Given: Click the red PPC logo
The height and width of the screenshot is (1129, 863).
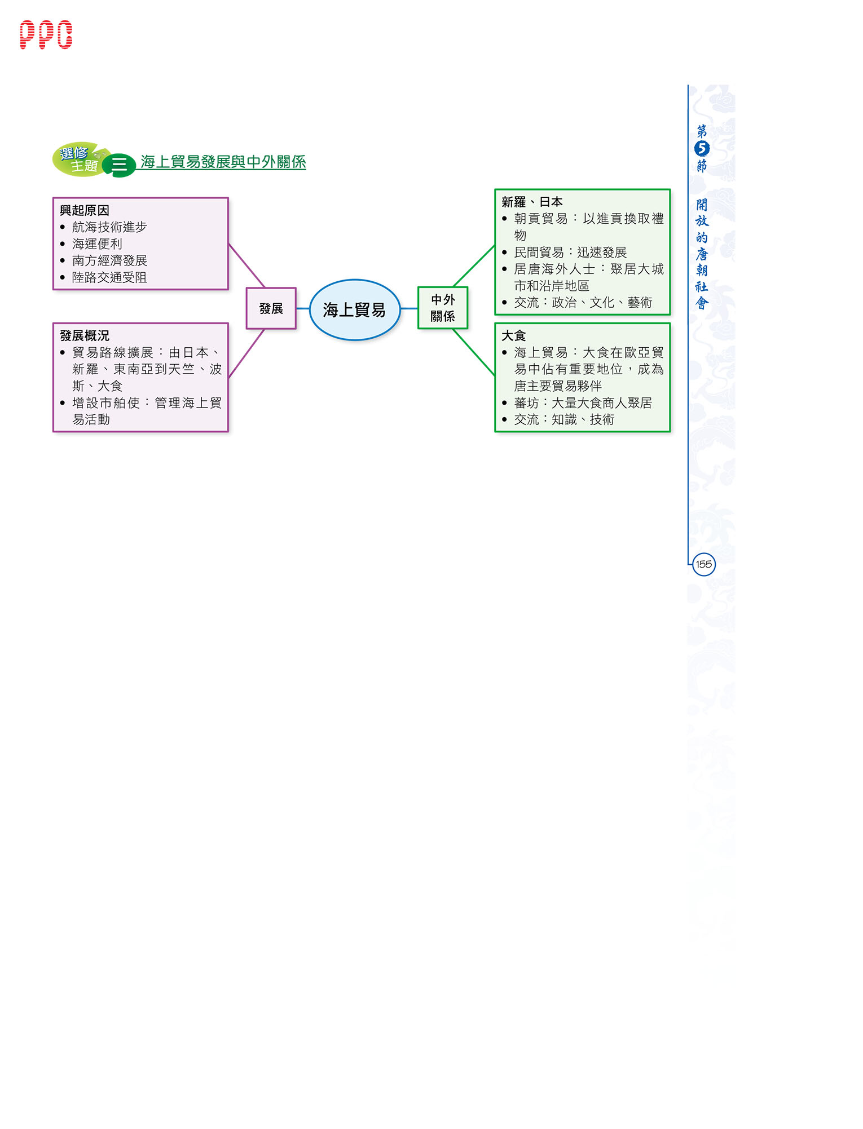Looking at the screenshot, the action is [x=46, y=35].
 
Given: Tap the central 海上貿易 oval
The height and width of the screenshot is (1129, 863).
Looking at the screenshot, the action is [x=355, y=309].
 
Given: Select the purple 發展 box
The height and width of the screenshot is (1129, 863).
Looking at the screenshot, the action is [x=271, y=308].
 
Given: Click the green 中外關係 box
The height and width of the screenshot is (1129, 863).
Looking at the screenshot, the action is [x=443, y=308].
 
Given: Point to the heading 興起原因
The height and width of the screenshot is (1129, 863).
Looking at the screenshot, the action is [x=85, y=210].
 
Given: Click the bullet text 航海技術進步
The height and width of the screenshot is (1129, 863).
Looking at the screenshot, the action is [x=109, y=227].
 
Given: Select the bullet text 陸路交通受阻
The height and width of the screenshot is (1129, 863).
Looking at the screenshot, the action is [x=109, y=277].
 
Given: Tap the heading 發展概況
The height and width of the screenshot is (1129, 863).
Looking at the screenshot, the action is [x=85, y=335].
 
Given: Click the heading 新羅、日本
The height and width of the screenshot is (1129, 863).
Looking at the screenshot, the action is [x=532, y=202].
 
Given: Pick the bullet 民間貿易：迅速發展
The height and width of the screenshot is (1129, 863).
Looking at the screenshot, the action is [x=570, y=252].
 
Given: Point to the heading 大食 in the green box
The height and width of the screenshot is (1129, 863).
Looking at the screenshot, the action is [x=514, y=335].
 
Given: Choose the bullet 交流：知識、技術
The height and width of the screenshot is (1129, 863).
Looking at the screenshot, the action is [x=564, y=419].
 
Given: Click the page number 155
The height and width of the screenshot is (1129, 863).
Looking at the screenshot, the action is [x=703, y=564].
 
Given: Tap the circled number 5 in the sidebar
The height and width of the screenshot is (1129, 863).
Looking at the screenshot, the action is [x=702, y=148].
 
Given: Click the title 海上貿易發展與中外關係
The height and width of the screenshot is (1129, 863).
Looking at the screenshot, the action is [x=223, y=162].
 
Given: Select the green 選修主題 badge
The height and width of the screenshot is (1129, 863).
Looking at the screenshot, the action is [x=79, y=160].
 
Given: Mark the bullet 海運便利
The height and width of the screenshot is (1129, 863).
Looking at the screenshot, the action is [x=97, y=243].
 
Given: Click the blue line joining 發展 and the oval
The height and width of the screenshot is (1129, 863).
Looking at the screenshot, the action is [x=303, y=308].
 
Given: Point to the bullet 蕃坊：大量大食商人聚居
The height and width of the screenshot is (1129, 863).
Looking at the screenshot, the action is [x=583, y=402].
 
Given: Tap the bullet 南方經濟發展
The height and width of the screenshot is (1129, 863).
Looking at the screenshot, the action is [x=109, y=260].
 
